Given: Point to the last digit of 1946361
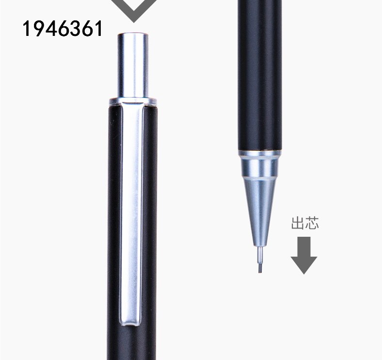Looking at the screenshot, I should click(98, 29).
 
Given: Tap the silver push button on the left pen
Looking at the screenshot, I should click(133, 64).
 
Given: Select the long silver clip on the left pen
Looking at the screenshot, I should click(132, 213).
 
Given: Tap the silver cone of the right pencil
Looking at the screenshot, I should click(260, 204).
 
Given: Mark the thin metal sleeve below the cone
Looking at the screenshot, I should click(260, 252).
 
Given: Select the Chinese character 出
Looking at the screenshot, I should click(297, 224).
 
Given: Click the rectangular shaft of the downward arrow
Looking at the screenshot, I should click(303, 246).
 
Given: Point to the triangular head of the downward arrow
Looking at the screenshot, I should click(303, 264).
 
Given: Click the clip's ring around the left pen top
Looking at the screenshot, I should click(133, 101).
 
